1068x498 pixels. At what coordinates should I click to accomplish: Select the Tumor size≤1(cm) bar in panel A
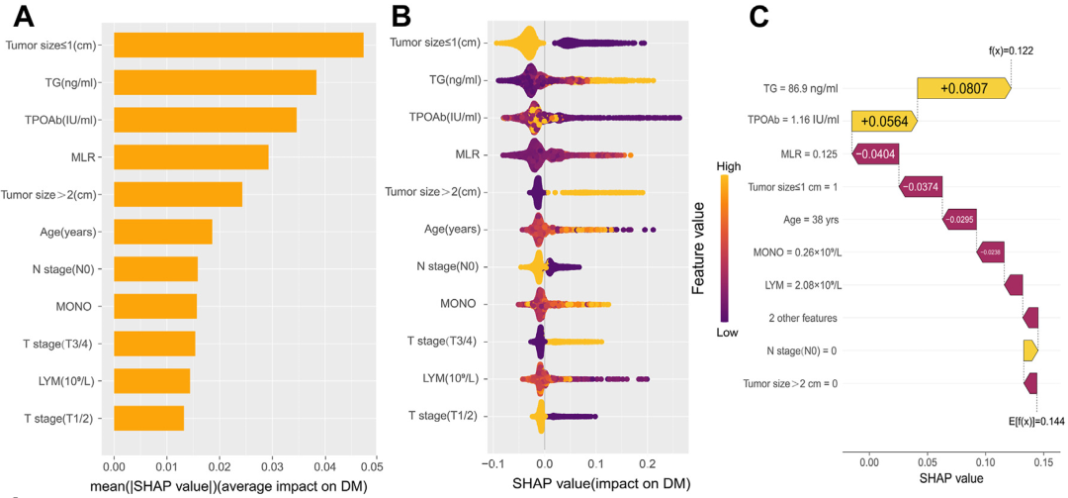[x=238, y=46]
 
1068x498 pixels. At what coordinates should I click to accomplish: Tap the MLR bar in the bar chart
[x=191, y=156]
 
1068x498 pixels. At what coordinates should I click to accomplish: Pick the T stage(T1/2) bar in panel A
[x=148, y=418]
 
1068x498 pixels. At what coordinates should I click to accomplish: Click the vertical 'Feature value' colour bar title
[x=698, y=248]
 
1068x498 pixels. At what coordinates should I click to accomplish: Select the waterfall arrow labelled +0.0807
[x=963, y=88]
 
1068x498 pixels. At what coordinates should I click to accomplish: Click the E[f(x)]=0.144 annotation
[x=1035, y=420]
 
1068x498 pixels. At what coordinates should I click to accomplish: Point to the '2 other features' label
[x=804, y=318]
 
